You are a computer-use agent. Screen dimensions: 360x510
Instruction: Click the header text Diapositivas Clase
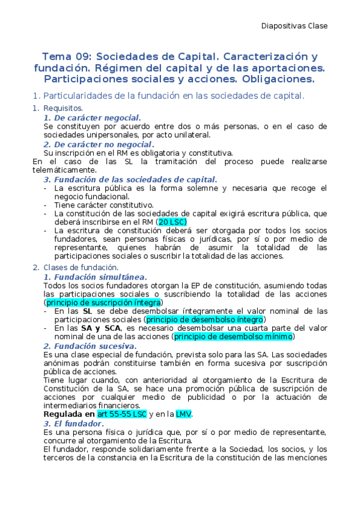point(294,26)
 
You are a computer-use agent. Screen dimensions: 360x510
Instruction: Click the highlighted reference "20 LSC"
point(171,222)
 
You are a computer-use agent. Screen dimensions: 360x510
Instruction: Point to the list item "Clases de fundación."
point(81,268)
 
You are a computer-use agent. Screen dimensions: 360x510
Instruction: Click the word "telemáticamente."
point(63,170)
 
